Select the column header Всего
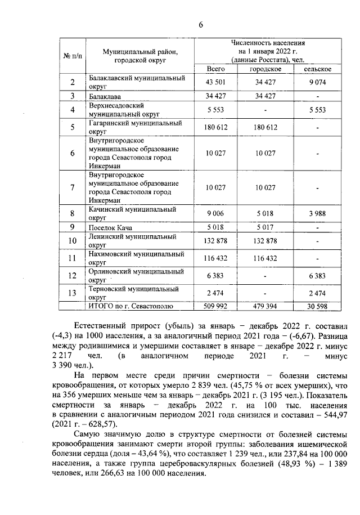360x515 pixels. (x=216, y=69)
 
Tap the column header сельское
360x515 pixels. (x=317, y=69)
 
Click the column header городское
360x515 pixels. (x=266, y=69)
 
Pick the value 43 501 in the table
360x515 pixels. (x=216, y=83)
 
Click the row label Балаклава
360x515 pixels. (x=105, y=96)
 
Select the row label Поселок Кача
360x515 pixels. (x=110, y=227)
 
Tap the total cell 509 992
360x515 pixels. (x=216, y=306)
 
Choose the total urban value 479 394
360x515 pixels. (x=266, y=306)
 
